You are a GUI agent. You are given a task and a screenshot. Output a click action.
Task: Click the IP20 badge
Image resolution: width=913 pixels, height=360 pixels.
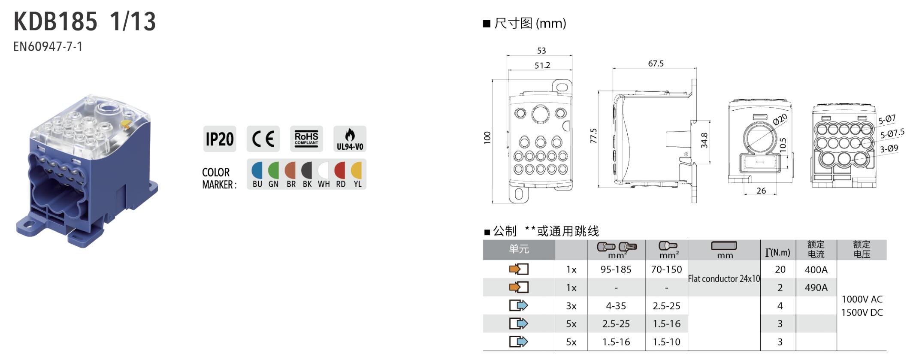tap(220, 139)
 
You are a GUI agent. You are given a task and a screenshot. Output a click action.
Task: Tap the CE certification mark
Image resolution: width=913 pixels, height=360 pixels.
tap(263, 139)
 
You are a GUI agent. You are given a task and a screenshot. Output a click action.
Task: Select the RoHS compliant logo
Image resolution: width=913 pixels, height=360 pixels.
tap(306, 139)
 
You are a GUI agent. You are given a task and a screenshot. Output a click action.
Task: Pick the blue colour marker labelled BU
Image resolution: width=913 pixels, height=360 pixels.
tap(257, 170)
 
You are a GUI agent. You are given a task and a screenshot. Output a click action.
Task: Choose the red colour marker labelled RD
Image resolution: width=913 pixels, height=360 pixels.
tap(340, 170)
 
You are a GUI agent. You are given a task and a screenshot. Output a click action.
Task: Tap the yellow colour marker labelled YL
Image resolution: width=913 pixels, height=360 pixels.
tap(357, 170)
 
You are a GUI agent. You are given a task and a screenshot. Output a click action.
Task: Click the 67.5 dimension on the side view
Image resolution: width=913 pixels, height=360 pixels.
tap(656, 64)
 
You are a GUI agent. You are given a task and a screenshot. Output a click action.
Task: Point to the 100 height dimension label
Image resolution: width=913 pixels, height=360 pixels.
tap(487, 138)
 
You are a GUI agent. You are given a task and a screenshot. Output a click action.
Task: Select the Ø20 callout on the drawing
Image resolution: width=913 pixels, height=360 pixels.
tap(780, 119)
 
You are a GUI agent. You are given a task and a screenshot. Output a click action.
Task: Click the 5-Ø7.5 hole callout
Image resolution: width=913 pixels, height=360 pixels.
tap(892, 134)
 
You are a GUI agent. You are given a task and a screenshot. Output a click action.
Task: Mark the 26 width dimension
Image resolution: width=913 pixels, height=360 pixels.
tap(761, 191)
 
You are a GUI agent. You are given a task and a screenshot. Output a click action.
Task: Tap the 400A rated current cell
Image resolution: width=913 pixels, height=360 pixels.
tap(816, 269)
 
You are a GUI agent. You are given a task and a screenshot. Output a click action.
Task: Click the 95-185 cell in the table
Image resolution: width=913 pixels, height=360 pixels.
tap(616, 269)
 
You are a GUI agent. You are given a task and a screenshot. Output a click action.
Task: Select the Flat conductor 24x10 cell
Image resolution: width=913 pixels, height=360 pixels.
tap(724, 278)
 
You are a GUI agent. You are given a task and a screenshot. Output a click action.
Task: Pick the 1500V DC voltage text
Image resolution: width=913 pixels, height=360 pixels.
tap(862, 312)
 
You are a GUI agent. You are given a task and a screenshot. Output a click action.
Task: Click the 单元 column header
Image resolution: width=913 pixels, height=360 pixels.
tap(519, 249)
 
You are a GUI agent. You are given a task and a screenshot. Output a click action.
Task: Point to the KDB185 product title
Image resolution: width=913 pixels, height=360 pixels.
tap(56, 21)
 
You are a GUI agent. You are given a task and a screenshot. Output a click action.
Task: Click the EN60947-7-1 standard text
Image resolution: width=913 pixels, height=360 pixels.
tap(48, 46)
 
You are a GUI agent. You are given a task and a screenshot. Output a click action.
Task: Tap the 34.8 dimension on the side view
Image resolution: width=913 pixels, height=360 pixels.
tap(704, 141)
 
